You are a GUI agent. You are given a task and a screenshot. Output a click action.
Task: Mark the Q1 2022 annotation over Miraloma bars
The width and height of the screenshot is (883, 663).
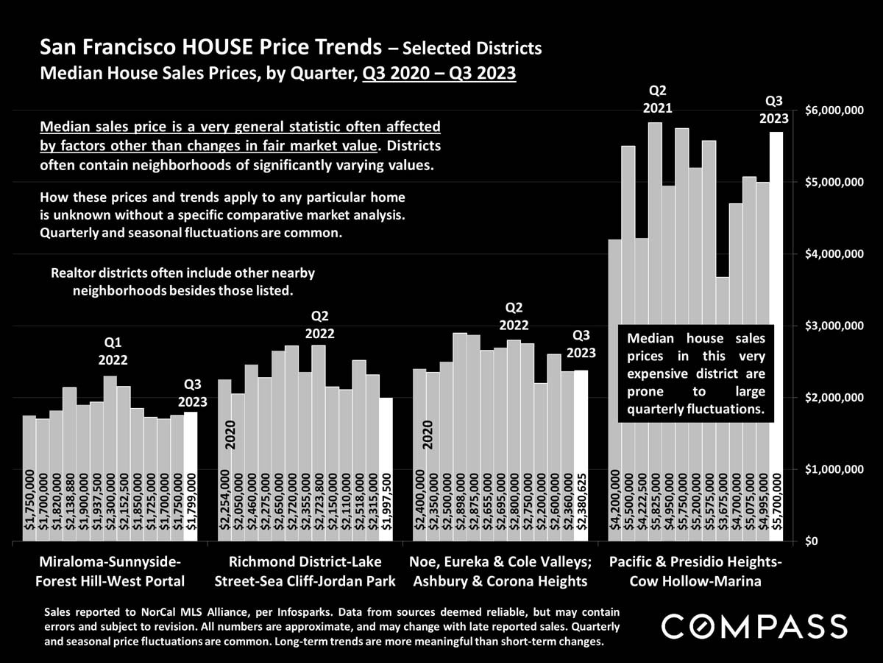click(x=113, y=351)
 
